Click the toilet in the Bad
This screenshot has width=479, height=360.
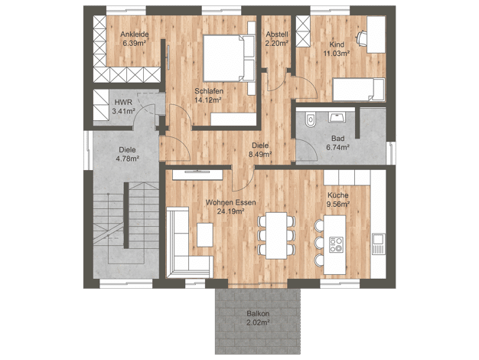click(311, 119)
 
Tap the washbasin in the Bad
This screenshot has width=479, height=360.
click(337, 117)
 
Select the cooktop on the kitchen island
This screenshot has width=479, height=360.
click(336, 244)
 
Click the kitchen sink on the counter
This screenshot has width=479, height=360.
click(379, 244)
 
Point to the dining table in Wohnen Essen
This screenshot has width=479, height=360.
click(276, 235)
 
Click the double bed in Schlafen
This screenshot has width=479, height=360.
click(229, 58)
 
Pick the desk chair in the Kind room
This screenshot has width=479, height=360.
click(361, 38)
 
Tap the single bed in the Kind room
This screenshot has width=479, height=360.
click(359, 90)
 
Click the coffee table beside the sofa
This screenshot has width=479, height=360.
click(204, 235)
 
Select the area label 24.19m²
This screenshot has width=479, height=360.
click(230, 211)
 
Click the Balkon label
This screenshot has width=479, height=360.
click(258, 313)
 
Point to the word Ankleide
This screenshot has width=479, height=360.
click(135, 34)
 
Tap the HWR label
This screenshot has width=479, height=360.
click(123, 103)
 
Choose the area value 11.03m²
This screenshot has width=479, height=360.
click(337, 53)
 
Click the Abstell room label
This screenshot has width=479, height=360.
click(277, 34)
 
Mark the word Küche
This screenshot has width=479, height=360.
click(338, 195)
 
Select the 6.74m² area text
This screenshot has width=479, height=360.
click(338, 147)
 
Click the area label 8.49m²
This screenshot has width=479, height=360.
click(260, 154)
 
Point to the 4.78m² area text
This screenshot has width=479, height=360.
click(127, 159)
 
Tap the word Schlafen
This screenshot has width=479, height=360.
click(209, 91)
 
